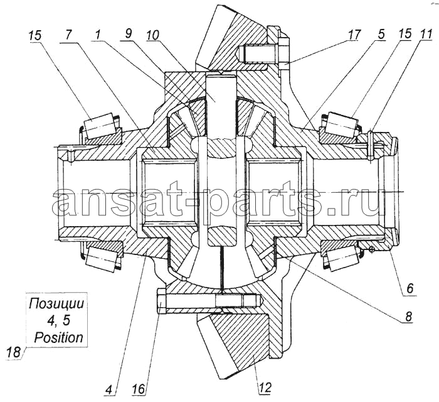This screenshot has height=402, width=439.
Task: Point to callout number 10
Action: point(152,35)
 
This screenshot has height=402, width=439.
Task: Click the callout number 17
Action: point(353,35)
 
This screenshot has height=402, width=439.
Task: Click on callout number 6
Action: point(409,288)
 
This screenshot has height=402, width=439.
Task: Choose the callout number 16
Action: point(139,389)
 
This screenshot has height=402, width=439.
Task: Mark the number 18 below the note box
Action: point(14,352)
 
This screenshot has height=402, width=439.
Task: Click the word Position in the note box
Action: point(58,337)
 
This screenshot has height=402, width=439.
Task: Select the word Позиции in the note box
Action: point(56,304)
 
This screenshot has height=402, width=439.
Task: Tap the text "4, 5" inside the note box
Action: point(58,321)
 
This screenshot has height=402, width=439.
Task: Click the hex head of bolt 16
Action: point(162,302)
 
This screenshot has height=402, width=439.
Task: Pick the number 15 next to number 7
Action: point(34,36)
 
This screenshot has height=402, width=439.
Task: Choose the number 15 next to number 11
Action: point(403,33)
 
